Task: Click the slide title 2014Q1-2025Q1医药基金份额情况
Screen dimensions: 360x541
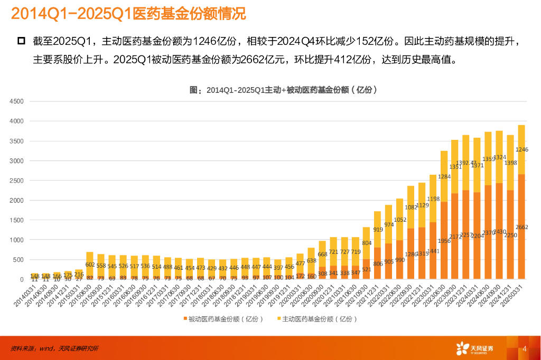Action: [128, 14]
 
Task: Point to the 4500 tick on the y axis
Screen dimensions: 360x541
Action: [17, 101]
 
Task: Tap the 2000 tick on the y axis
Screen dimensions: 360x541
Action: [17, 201]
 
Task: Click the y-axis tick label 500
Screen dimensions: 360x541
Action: [18, 260]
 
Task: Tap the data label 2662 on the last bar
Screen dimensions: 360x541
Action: [521, 228]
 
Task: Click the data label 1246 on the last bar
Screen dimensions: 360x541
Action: [521, 150]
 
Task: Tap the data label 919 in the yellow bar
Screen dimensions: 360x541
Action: [377, 230]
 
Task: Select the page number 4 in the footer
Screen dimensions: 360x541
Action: [524, 349]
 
